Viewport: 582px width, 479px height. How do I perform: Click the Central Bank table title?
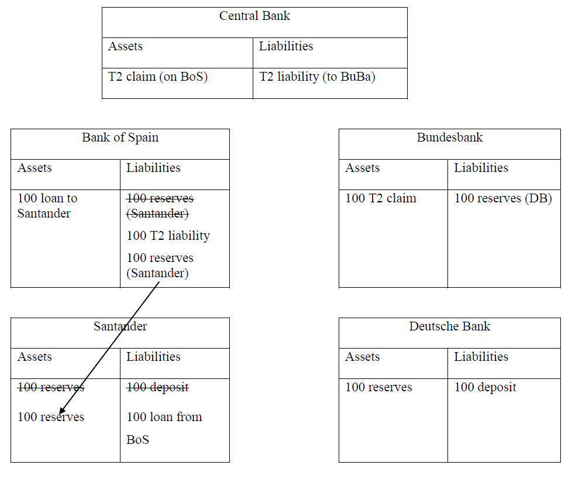point(254,16)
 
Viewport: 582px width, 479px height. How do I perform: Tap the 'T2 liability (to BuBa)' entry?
point(317,77)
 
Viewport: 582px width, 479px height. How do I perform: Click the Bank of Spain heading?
point(120,137)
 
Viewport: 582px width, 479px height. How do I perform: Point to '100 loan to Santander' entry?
point(47,205)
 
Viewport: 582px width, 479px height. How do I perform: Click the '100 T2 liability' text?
point(168,236)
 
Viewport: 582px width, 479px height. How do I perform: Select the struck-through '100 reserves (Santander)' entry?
point(160,206)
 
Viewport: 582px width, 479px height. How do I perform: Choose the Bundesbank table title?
point(449,137)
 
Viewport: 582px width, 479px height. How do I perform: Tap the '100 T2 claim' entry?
point(381,198)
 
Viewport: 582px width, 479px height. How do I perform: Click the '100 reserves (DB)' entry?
point(503,198)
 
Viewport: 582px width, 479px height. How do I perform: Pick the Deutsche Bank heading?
point(449,326)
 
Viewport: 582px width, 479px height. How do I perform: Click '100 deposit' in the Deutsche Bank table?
point(485,387)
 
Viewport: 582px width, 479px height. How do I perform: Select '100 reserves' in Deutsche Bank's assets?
point(378,387)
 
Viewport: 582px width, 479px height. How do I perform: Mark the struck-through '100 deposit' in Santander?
point(157,387)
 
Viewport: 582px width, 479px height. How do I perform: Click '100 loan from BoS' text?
point(164,428)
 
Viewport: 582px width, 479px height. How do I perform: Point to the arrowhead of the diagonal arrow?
point(60,412)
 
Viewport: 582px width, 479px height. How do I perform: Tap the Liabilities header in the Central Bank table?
point(286,46)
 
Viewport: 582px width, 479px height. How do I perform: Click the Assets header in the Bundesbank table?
point(362,168)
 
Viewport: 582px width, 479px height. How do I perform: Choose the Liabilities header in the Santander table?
point(153,357)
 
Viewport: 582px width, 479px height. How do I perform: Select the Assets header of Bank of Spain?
point(35,168)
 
